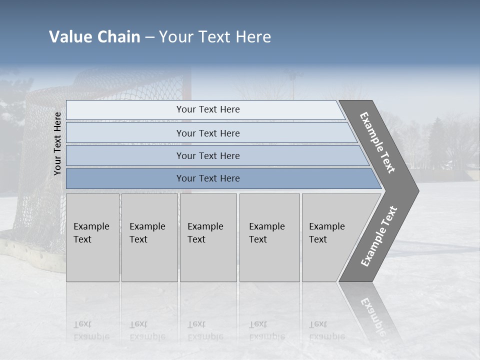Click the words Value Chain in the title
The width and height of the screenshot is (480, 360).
(94, 37)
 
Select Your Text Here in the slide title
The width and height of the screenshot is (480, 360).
(215, 37)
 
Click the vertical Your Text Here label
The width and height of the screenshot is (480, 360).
(57, 143)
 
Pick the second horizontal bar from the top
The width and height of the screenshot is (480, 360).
(208, 133)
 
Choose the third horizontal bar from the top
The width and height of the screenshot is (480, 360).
(208, 155)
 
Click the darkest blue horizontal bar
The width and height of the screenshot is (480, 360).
(208, 178)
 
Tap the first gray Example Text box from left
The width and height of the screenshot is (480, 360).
(92, 237)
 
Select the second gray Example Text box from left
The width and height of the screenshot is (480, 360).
(149, 237)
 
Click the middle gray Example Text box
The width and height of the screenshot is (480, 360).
(208, 237)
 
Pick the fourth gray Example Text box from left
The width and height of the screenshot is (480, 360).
(269, 237)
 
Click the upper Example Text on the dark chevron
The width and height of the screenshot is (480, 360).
(377, 142)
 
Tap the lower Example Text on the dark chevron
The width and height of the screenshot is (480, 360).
(378, 236)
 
